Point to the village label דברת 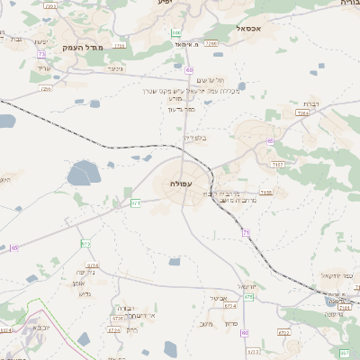[x=311, y=103]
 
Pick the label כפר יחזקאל [x=338, y=275]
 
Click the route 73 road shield [x=42, y=56]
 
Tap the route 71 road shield [x=246, y=233]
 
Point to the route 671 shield [x=136, y=203]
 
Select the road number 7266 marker [x=211, y=42]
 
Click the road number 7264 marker [x=302, y=114]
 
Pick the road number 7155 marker [x=266, y=192]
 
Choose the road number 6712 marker [x=284, y=332]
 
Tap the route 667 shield [x=345, y=352]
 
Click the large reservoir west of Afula [x=83, y=171]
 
